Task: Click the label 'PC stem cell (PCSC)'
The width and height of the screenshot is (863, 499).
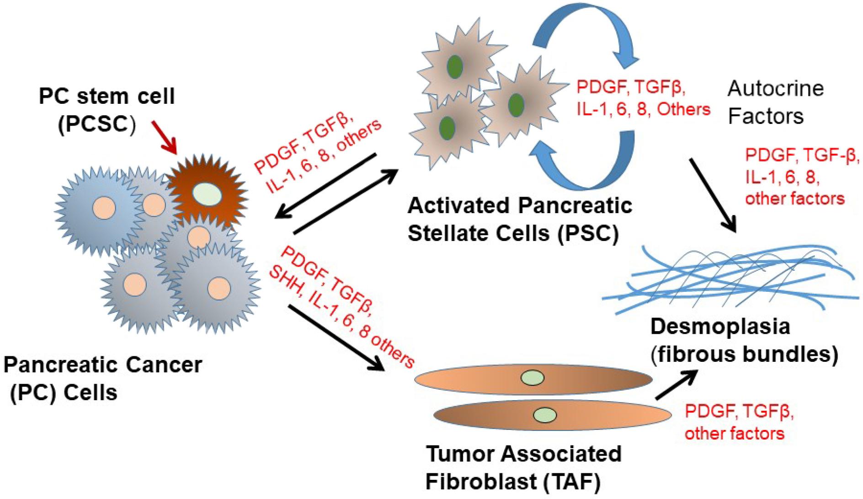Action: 106,111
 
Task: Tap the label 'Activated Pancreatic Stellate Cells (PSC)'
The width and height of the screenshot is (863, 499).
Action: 519,220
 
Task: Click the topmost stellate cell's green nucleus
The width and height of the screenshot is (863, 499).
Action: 455,67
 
